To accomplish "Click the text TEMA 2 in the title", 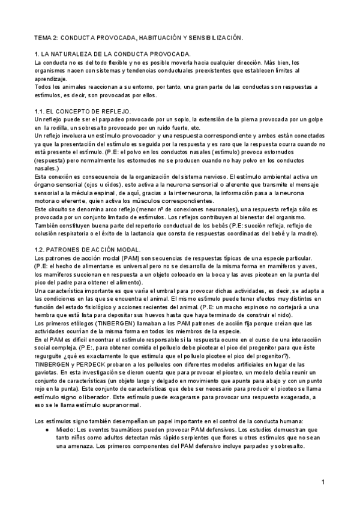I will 46,37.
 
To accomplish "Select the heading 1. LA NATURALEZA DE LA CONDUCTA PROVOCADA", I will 113,54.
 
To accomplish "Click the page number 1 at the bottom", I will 323,482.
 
